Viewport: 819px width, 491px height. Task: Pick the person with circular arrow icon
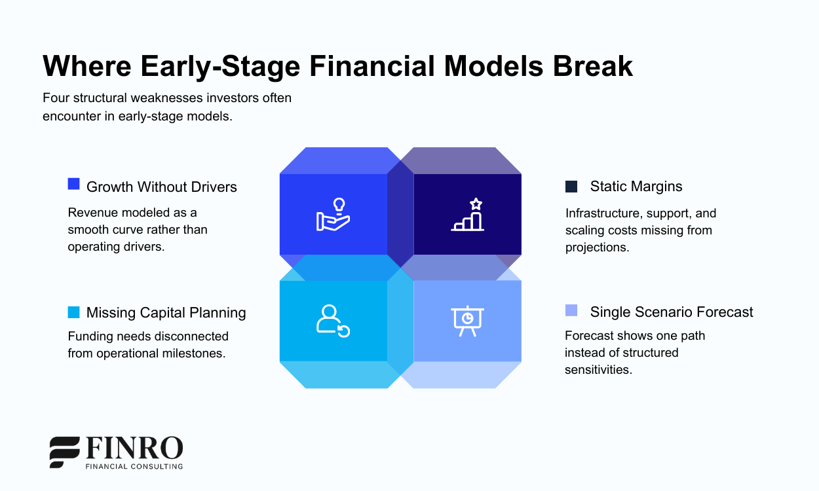[333, 321]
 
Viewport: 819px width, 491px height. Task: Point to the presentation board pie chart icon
[467, 321]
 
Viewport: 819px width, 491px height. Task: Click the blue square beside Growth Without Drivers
[74, 185]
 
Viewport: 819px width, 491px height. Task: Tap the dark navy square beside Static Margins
[571, 187]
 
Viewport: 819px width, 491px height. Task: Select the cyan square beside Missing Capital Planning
[74, 312]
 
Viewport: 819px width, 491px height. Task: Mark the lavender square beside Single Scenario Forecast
[571, 310]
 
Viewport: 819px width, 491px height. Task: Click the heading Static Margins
[636, 187]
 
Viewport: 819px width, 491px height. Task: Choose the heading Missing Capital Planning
[166, 313]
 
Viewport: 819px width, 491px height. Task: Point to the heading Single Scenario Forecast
[671, 312]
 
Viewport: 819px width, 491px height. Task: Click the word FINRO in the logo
[134, 448]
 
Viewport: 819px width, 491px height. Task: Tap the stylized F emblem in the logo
[65, 452]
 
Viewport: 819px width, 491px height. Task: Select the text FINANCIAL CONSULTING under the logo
[134, 466]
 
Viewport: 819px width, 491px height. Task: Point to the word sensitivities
[598, 369]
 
